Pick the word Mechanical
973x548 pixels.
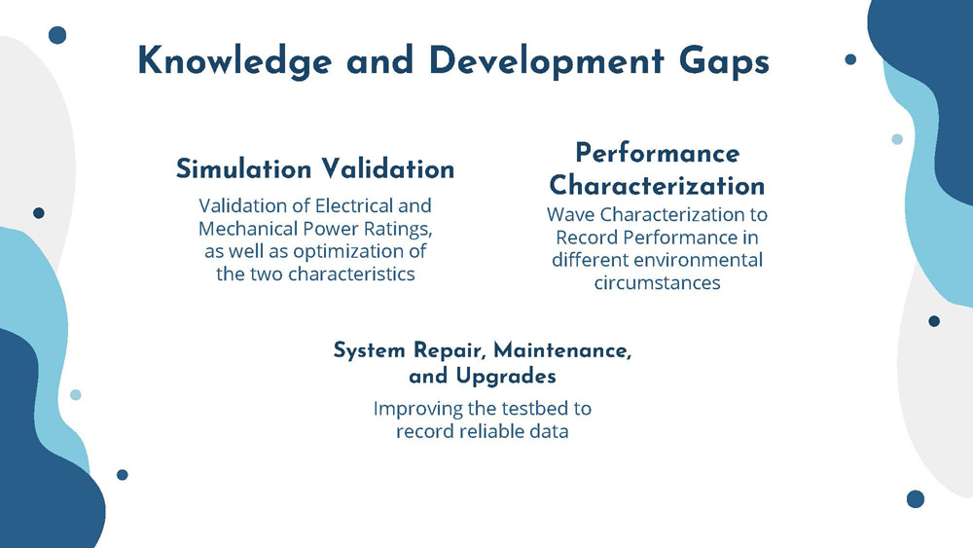tap(249, 229)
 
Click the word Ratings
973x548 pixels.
tap(397, 229)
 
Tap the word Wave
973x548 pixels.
tap(569, 215)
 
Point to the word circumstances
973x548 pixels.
tap(657, 283)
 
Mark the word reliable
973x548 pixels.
tap(483, 430)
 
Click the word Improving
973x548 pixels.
tap(414, 408)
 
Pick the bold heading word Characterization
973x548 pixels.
tap(657, 185)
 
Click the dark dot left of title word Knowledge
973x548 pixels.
tap(57, 35)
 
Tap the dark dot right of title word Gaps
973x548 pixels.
tap(850, 59)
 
